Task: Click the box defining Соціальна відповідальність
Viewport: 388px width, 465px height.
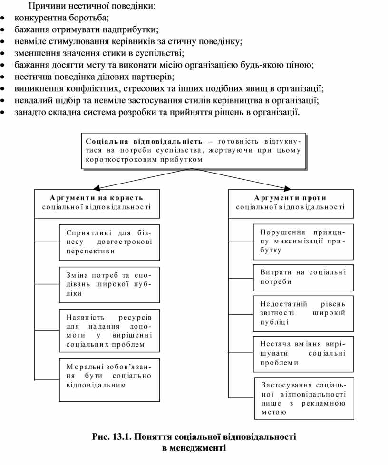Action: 193,151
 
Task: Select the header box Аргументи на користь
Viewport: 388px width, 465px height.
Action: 97,203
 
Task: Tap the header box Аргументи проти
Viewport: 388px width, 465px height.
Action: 291,203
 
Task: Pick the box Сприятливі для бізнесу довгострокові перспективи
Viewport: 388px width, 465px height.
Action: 109,242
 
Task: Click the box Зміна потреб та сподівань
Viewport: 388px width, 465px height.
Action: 109,284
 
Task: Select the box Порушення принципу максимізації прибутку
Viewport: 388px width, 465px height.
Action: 303,242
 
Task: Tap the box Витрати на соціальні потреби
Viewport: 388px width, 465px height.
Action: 303,277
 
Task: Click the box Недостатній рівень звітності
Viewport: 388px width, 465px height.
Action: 303,313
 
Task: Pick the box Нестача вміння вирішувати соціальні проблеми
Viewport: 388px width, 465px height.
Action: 303,353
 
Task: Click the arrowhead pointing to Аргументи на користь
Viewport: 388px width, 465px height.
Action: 97,187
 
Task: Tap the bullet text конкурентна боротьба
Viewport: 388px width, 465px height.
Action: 62,18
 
